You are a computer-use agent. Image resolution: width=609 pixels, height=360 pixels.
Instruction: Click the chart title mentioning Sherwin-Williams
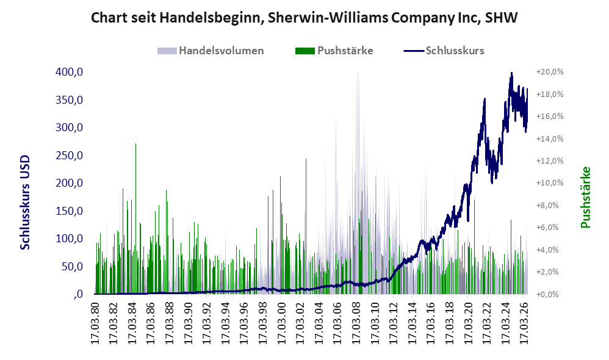304,18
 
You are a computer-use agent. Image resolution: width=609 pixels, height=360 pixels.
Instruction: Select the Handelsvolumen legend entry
211,51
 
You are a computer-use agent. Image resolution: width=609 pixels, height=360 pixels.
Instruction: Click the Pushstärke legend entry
334,51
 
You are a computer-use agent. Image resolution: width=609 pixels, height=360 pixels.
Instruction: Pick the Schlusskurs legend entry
444,51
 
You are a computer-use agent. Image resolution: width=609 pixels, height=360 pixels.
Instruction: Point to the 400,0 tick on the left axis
69,72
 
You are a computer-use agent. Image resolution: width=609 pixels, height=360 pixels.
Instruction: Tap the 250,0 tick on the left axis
69,156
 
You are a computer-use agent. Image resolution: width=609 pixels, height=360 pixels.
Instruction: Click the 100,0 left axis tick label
69,239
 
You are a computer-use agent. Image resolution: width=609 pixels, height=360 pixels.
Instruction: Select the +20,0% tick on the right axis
550,72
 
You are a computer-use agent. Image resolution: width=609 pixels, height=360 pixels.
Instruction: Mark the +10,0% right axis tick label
550,183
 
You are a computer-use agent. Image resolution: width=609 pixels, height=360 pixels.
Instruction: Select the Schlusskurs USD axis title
25,203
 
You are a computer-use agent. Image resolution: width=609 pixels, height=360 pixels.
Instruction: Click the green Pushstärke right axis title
585,197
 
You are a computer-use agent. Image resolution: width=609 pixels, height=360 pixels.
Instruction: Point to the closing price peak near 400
511,73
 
